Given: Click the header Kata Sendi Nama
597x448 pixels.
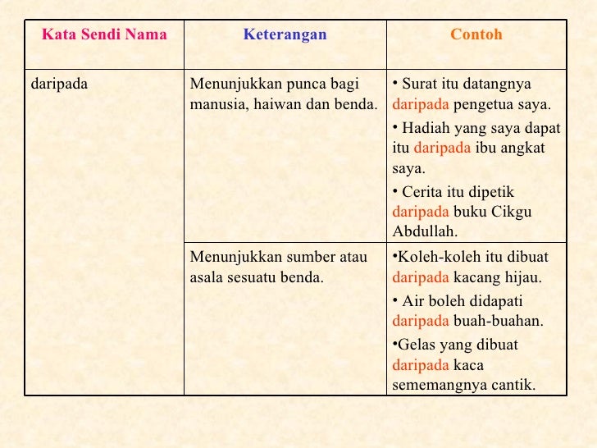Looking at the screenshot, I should point(104,35).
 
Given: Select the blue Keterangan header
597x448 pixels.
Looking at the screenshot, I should point(285,35).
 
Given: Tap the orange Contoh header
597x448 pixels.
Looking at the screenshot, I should point(476,35).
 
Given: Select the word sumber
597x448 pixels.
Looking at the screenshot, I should point(300,258).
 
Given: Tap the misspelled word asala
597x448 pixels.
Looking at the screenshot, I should point(209,277).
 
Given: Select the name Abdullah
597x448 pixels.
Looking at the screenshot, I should point(425,231).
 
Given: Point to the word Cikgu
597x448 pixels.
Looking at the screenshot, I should point(513,212).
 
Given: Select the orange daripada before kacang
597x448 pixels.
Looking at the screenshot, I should point(421,277).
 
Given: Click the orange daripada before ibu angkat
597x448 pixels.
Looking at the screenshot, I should point(442,149).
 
